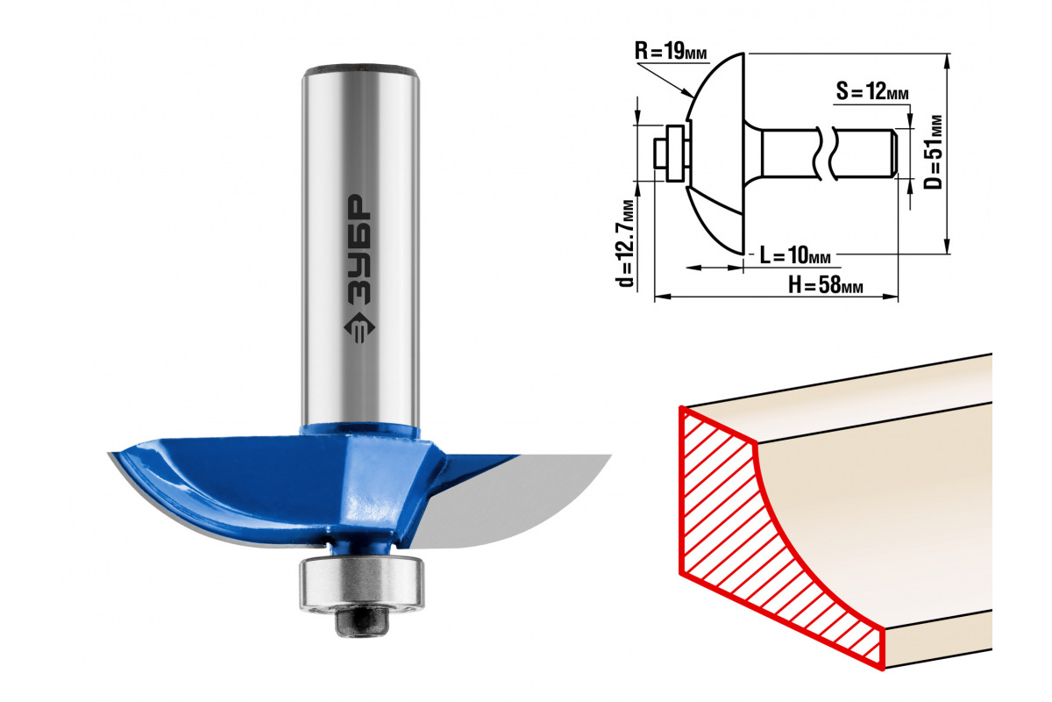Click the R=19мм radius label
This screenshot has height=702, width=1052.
coord(671,51)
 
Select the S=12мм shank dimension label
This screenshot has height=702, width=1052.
coord(872,91)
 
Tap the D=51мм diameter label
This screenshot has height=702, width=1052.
coord(933,153)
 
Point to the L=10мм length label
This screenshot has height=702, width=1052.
coord(795,255)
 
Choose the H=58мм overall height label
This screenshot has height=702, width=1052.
coord(826,285)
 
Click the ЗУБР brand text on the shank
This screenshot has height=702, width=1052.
coord(359,248)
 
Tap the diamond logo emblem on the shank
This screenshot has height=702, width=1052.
coord(359,327)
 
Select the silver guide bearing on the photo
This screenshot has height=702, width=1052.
coord(361,585)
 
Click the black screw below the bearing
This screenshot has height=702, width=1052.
coord(361,623)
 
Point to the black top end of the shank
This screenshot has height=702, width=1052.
coord(360,70)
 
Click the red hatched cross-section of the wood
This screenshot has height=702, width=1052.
coord(771,536)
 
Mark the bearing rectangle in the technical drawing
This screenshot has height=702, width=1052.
coord(675,154)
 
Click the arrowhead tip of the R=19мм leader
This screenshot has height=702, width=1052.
coord(693,97)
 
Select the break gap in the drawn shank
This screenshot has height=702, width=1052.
coord(825,154)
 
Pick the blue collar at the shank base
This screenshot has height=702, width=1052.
coord(360,432)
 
